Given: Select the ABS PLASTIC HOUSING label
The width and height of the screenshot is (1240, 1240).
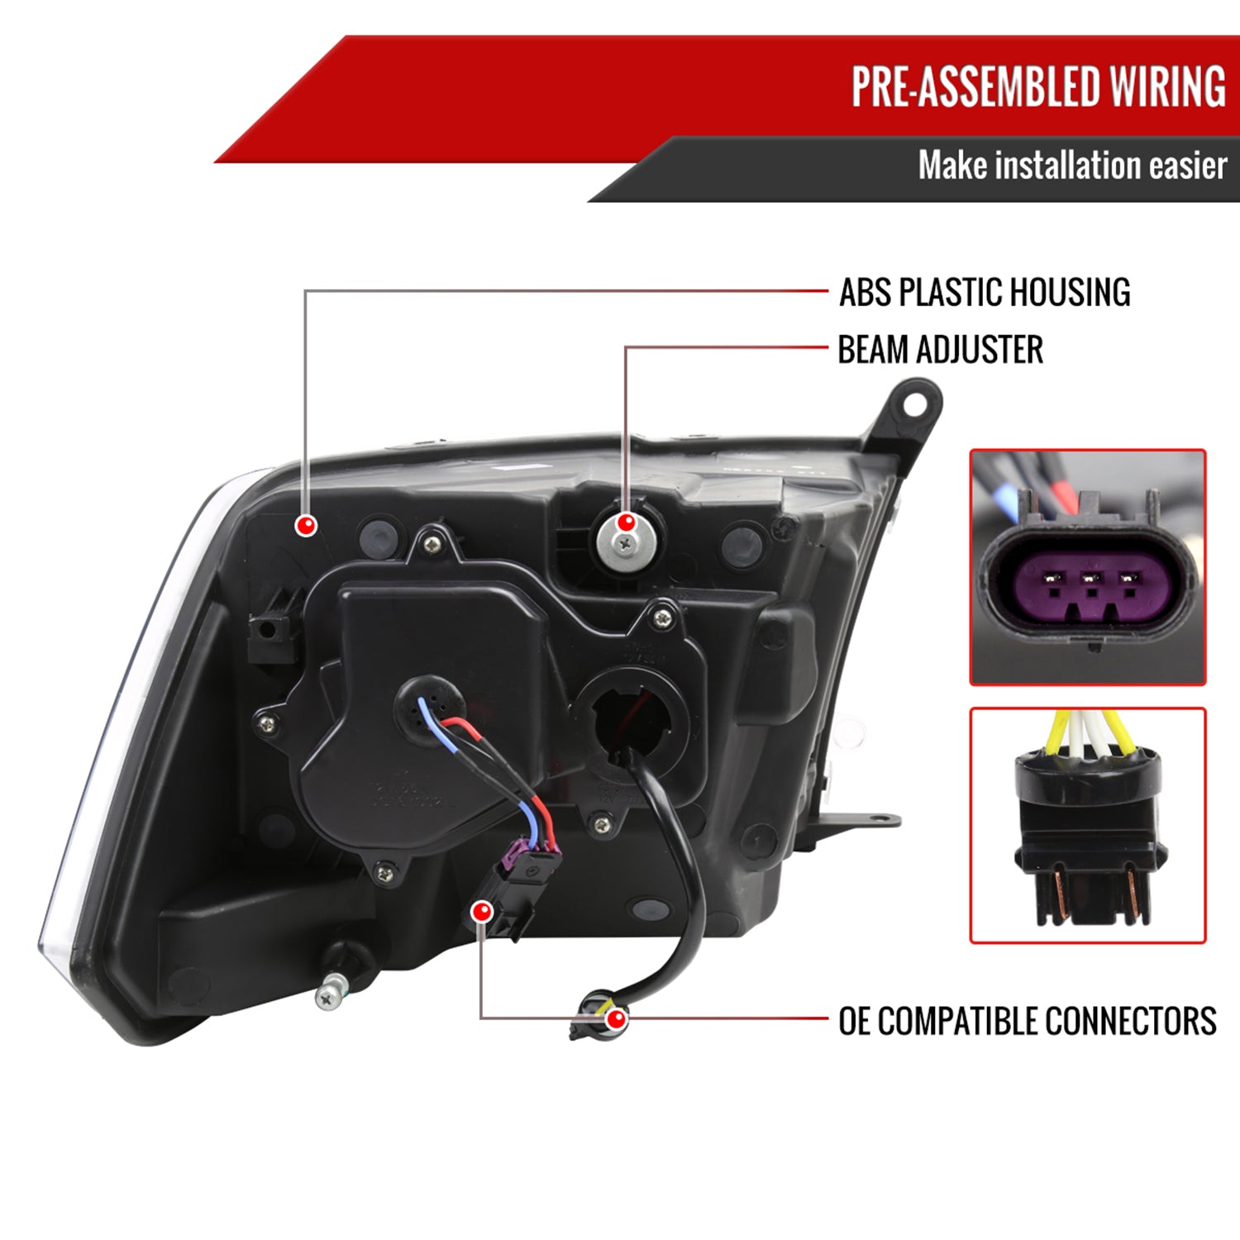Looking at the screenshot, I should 985,293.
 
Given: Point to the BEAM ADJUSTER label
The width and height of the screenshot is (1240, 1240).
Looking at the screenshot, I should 940,350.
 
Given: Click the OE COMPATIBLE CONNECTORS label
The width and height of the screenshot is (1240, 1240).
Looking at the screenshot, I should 1027,1022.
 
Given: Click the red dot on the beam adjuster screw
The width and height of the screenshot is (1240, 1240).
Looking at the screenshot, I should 627,522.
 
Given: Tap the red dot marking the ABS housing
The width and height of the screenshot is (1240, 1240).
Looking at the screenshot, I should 307,524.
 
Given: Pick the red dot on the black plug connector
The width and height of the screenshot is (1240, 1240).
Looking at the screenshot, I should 481,912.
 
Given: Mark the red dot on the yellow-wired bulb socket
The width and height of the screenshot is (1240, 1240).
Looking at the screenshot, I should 615,1019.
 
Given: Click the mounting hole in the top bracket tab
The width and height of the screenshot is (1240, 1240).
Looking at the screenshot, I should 914,405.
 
